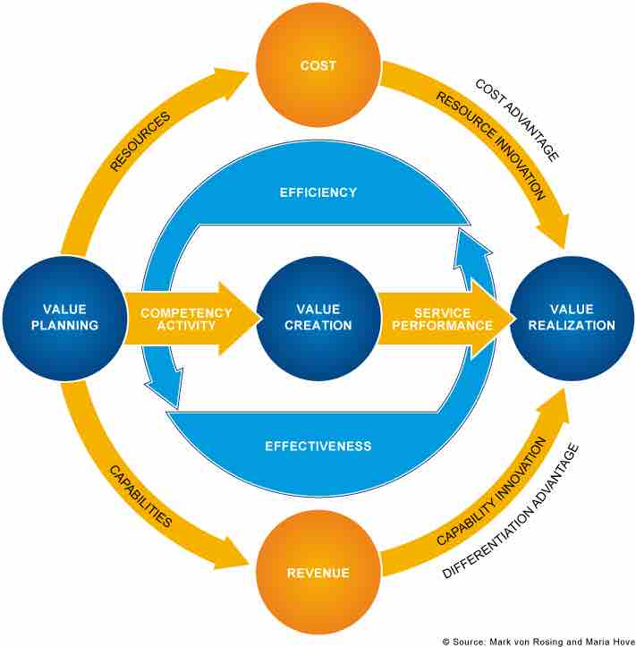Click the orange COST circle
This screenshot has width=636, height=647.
tap(318, 64)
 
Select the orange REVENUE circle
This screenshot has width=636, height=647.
tap(318, 572)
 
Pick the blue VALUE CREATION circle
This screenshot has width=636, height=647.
tap(318, 319)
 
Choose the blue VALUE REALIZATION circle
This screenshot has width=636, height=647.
tap(572, 319)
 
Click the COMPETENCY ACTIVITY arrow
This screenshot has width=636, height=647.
tap(188, 319)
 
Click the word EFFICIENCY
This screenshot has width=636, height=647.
tap(318, 192)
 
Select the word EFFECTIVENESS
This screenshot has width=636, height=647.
tap(318, 445)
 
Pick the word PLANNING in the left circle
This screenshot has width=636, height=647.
tap(64, 326)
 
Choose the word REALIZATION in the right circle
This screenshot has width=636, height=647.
tap(572, 326)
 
